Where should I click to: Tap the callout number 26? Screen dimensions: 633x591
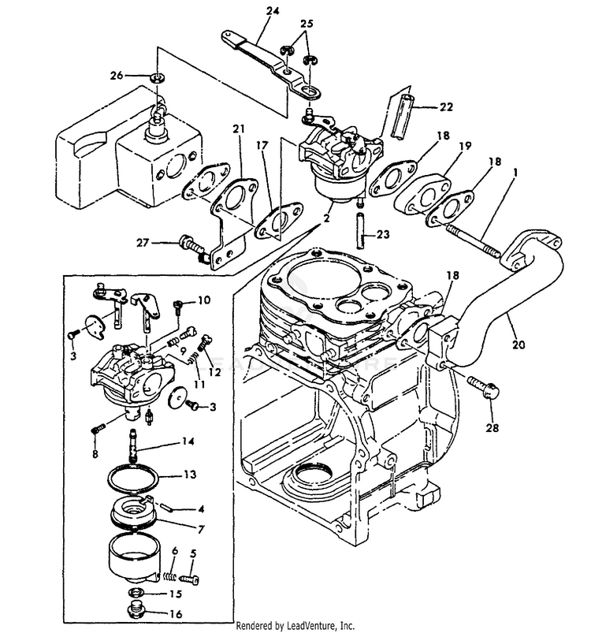coord(117,76)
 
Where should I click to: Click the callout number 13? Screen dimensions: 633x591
coord(190,475)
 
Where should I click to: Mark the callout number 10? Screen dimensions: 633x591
coord(204,300)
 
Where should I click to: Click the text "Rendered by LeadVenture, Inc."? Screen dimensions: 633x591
coord(296,626)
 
